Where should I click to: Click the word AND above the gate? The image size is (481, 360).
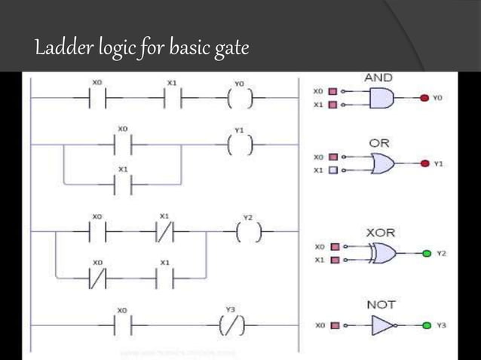pos(378,78)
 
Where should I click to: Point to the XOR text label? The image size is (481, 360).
pos(381,233)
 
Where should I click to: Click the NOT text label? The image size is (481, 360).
pos(381,304)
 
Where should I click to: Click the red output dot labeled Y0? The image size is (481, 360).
pos(424,98)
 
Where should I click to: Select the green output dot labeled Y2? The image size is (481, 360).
pos(426,254)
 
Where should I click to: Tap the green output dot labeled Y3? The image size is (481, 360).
pos(427,325)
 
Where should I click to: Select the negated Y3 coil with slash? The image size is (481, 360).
pos(231,326)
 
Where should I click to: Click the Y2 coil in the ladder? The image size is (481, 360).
pos(247,233)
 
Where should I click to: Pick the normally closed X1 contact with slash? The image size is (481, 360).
pos(165,233)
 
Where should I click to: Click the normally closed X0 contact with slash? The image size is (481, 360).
pos(99,279)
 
